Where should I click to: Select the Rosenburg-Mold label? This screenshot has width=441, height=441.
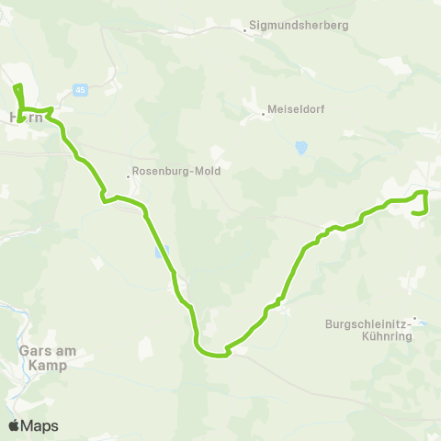(x=170, y=171)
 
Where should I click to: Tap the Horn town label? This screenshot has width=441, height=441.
(x=25, y=118)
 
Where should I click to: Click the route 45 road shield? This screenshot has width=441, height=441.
(x=81, y=89)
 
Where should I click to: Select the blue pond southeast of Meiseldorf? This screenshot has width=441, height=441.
(x=300, y=146)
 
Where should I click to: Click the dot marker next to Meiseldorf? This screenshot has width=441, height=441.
(x=263, y=114)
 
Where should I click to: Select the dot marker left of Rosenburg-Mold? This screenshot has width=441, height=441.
(x=129, y=176)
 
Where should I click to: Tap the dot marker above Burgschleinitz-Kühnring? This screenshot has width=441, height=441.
(x=414, y=319)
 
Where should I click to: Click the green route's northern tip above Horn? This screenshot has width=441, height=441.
(x=17, y=86)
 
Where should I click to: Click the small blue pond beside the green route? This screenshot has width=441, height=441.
(x=163, y=250)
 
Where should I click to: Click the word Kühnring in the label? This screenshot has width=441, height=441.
(x=391, y=336)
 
